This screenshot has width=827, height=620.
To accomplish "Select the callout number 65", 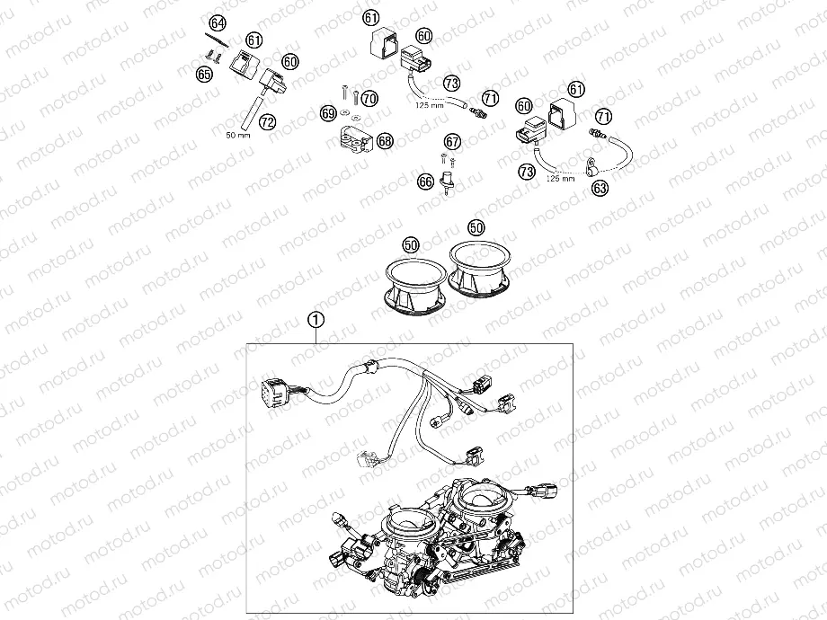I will coord(205,74).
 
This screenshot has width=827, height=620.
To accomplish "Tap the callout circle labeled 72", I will coord(267,120).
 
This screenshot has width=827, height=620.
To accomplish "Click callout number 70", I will coord(369,98).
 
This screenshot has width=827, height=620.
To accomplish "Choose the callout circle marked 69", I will coord(329,113).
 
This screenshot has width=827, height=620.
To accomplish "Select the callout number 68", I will coord(385,141).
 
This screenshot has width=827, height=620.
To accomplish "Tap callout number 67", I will coord(451,141).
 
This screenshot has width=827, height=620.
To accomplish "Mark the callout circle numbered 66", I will coord(426,182).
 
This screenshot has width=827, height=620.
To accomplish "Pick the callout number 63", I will coord(600,188).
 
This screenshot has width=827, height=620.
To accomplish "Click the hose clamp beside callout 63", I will coord(589,166).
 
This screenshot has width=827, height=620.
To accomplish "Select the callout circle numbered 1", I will coord(315,318).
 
